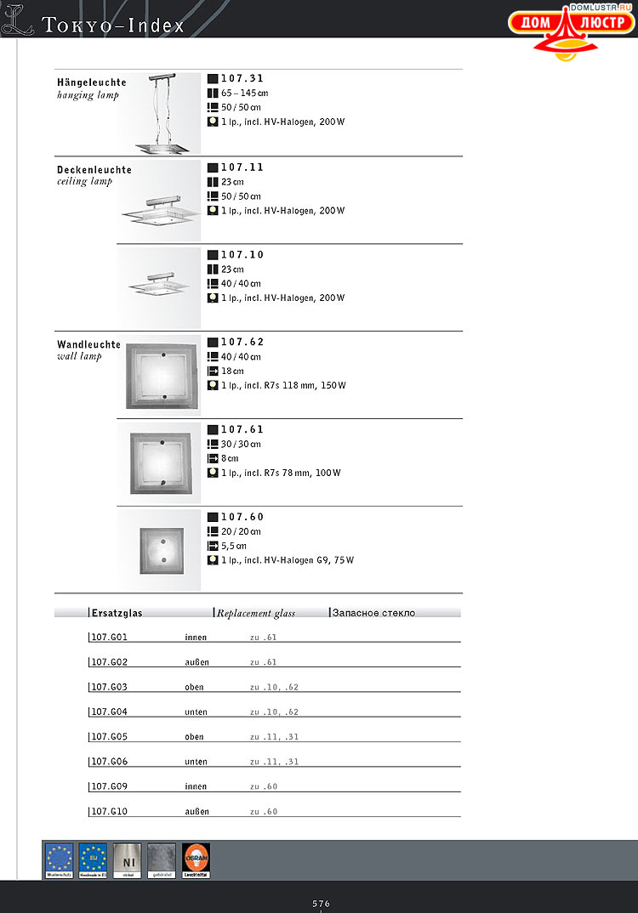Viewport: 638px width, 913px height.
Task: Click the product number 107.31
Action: click(x=242, y=78)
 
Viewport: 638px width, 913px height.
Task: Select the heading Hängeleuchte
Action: click(x=92, y=82)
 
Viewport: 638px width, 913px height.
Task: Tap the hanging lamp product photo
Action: click(x=159, y=114)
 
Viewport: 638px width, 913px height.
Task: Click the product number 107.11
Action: click(x=242, y=167)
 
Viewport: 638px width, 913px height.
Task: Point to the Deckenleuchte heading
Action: click(x=94, y=170)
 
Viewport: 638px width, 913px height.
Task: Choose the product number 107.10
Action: click(x=242, y=255)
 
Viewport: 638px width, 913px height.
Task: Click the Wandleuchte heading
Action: click(x=89, y=344)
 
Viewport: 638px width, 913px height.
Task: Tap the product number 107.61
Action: click(x=242, y=430)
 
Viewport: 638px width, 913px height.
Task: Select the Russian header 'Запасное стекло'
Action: click(x=373, y=612)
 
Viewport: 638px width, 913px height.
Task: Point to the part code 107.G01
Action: click(x=109, y=637)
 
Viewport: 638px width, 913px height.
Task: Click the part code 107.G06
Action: click(x=109, y=762)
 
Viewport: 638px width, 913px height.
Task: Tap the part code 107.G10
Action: click(x=109, y=812)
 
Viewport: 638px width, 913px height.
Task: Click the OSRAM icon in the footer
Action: click(x=196, y=860)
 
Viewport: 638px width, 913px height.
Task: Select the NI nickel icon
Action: click(x=128, y=860)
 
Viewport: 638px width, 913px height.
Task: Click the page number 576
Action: click(x=321, y=904)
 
